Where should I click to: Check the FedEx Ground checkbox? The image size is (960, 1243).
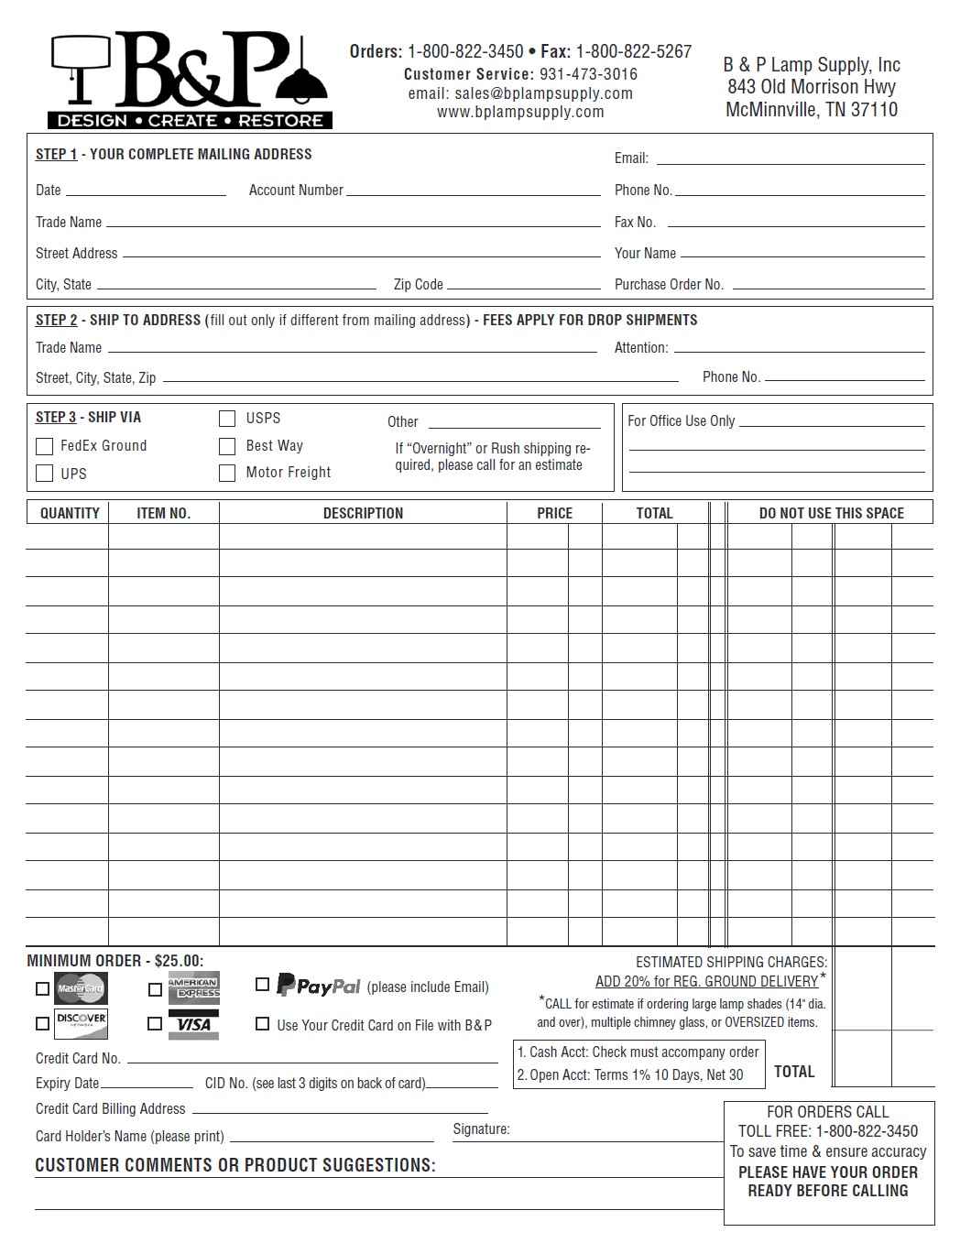pyautogui.click(x=44, y=446)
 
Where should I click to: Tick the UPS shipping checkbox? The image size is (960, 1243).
pyautogui.click(x=44, y=474)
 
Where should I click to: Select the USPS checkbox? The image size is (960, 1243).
pyautogui.click(x=227, y=419)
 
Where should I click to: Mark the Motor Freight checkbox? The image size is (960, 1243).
pyautogui.click(x=227, y=473)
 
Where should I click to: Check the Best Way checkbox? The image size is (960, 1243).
pyautogui.click(x=227, y=446)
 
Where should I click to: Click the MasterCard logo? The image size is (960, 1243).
pyautogui.click(x=81, y=988)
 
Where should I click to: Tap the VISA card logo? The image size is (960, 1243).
pyautogui.click(x=193, y=1024)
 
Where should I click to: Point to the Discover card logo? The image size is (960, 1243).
pyautogui.click(x=81, y=1024)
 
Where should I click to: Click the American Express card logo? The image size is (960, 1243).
pyautogui.click(x=193, y=988)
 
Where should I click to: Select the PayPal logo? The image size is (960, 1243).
pyautogui.click(x=319, y=986)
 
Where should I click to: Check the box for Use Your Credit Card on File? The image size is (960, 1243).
pyautogui.click(x=263, y=1024)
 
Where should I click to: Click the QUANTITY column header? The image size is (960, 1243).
pyautogui.click(x=70, y=513)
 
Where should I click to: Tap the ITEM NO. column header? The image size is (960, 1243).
pyautogui.click(x=164, y=513)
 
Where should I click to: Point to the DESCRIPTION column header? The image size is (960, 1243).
pyautogui.click(x=363, y=513)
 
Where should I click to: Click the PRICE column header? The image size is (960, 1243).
pyautogui.click(x=554, y=513)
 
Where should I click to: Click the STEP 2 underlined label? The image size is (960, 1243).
pyautogui.click(x=56, y=320)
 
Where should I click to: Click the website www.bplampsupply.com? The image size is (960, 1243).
pyautogui.click(x=520, y=112)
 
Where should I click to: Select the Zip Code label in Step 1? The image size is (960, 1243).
pyautogui.click(x=419, y=284)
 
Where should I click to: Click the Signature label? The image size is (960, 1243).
pyautogui.click(x=481, y=1129)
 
